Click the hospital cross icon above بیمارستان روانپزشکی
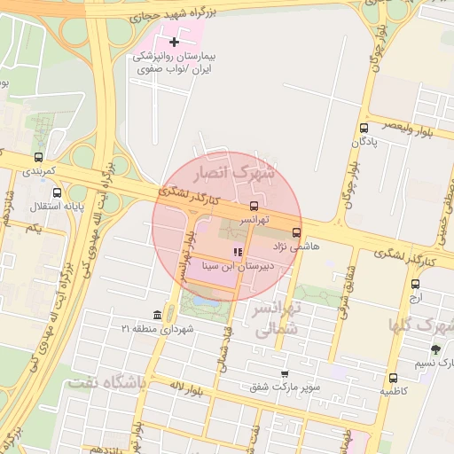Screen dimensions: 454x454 pyautogui.click(x=174, y=42)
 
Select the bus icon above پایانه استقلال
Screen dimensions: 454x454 pyautogui.click(x=58, y=192)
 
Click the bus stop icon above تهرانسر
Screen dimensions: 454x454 pyautogui.click(x=254, y=205)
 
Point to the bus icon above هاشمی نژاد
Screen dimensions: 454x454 pyautogui.click(x=309, y=232)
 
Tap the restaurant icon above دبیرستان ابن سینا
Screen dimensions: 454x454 pyautogui.click(x=236, y=253)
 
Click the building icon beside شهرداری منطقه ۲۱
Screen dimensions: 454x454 pyautogui.click(x=158, y=316)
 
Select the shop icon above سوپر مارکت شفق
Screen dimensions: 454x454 pyautogui.click(x=284, y=373)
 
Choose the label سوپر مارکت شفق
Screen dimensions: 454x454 pyautogui.click(x=285, y=387)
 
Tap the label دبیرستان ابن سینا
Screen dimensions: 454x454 pyautogui.click(x=239, y=265)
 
